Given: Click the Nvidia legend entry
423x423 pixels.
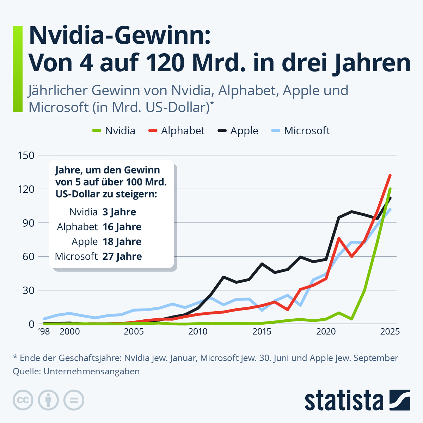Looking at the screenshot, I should [x=114, y=131].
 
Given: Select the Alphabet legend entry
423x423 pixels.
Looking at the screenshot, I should [x=177, y=131].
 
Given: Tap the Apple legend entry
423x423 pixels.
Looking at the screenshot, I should [x=238, y=131].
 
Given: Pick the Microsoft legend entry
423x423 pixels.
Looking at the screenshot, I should [x=301, y=131].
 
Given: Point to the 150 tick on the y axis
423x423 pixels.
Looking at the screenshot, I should [x=26, y=155].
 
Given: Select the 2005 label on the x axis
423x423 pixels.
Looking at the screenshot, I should [x=134, y=332].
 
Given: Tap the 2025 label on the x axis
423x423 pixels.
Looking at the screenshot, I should [x=390, y=332].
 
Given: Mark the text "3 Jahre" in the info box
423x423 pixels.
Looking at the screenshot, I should [x=119, y=212].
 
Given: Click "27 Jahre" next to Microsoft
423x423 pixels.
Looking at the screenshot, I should [x=122, y=257].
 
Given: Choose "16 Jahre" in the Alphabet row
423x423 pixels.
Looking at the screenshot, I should [x=122, y=227].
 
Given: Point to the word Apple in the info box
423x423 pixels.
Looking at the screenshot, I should [x=85, y=242].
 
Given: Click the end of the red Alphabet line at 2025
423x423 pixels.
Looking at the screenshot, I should [x=390, y=175].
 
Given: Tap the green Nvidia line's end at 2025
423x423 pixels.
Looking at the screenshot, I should [x=390, y=189].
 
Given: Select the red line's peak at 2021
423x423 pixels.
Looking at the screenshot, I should [x=338, y=238].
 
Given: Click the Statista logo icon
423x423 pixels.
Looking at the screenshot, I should [x=400, y=400].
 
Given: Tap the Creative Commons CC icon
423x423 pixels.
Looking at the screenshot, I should [x=23, y=400].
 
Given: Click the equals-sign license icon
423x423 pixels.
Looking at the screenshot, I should [x=74, y=400].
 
